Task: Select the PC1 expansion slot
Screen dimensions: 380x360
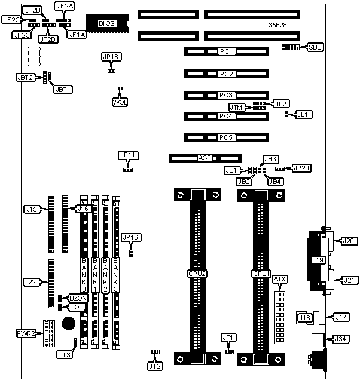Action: coord(225,52)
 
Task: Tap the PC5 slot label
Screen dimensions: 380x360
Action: coord(225,137)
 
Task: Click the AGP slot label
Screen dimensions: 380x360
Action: coord(205,159)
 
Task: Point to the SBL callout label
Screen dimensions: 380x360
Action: coord(314,47)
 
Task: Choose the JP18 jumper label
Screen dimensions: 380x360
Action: coord(111,57)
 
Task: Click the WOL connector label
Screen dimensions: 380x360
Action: coord(120,102)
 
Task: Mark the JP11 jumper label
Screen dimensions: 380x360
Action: coord(129,155)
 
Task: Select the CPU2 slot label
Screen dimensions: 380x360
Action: coord(197,274)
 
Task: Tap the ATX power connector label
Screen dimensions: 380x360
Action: coord(279,279)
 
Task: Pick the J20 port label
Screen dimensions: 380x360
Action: coord(347,241)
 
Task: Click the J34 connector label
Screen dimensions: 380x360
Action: coord(341,339)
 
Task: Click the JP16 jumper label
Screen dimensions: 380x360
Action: coord(130,237)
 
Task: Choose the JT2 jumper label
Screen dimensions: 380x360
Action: coord(155,365)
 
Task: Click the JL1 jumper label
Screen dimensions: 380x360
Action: coord(304,114)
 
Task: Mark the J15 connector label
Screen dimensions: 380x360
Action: coord(32,209)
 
